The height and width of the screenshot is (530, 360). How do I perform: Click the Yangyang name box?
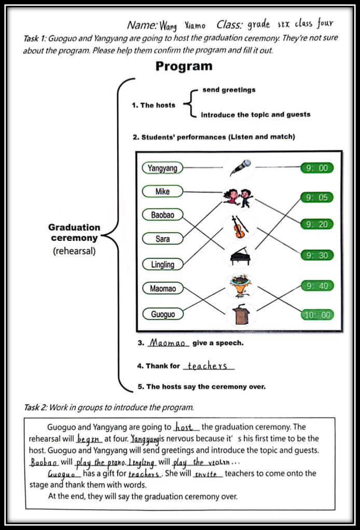coord(162,168)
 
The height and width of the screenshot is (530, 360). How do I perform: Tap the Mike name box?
coord(162,192)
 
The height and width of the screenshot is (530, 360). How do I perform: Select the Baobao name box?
coord(162,215)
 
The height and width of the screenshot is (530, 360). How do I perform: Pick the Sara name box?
coord(162,239)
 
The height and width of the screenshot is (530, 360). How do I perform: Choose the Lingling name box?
coord(162,264)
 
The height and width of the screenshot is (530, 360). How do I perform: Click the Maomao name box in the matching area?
coord(162,289)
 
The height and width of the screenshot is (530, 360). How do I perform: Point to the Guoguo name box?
coord(162,314)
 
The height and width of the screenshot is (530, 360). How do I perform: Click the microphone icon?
coord(240,168)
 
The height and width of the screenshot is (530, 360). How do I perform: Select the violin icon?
coord(239,226)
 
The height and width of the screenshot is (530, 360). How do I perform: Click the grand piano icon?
coord(239,255)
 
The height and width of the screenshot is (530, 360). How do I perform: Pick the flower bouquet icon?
coord(239,285)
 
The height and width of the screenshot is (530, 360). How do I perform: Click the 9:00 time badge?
coord(317,168)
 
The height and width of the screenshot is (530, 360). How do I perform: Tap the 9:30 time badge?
coord(317,255)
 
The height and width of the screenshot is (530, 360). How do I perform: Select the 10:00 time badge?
coord(317,315)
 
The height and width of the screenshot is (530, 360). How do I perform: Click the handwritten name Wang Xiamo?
coord(182,25)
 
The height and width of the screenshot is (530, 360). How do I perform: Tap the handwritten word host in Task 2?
coord(184,427)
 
